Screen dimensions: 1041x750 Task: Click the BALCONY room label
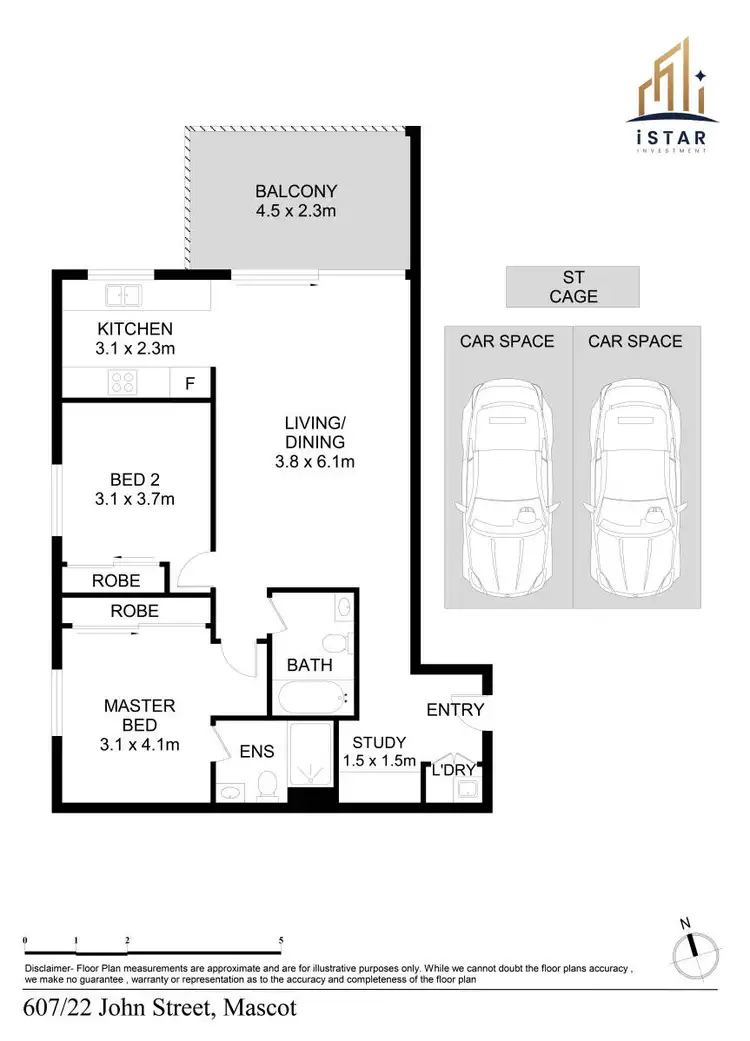pos(296,191)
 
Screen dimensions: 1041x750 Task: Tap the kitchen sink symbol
pos(125,295)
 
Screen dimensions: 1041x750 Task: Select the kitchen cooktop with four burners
pos(123,381)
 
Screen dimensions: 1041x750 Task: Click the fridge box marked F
pos(190,382)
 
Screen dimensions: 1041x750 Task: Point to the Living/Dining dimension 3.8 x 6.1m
pos(314,462)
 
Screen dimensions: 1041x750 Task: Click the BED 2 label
pos(135,477)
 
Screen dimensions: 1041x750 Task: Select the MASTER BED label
pos(140,706)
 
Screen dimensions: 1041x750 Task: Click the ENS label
pos(256,751)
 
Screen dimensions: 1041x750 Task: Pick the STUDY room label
pos(379,742)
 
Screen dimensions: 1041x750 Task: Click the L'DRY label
pos(451,769)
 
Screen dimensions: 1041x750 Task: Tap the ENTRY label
pos(455,709)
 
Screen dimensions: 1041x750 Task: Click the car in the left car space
pos(507,488)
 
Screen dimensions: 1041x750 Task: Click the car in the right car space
pos(635,488)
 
